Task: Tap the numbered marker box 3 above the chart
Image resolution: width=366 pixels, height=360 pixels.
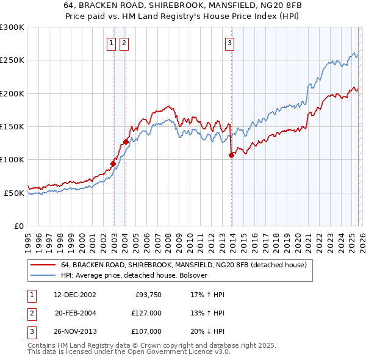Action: pyautogui.click(x=230, y=43)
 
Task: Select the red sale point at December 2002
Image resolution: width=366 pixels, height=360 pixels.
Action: pyautogui.click(x=113, y=164)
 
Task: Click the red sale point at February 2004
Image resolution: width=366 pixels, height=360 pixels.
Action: pyautogui.click(x=126, y=142)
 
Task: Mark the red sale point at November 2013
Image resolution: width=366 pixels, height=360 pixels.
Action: pyautogui.click(x=231, y=155)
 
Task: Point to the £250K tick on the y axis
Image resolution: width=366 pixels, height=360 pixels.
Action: pyautogui.click(x=12, y=60)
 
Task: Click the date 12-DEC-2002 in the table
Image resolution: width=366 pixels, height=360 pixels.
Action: pyautogui.click(x=75, y=295)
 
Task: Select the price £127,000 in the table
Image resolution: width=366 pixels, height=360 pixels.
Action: pyautogui.click(x=146, y=313)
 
